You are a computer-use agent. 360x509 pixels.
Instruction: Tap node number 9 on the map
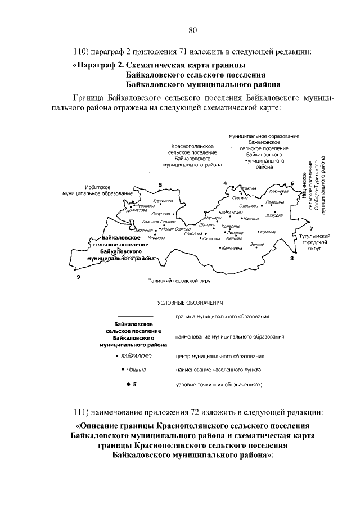point(78,276)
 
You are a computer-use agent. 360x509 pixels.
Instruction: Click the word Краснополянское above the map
point(192,146)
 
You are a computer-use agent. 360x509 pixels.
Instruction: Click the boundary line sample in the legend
point(134,318)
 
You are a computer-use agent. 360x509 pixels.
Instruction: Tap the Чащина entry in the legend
point(137,370)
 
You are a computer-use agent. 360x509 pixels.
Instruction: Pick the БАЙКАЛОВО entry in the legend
point(136,356)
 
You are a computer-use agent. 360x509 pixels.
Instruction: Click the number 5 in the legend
point(135,384)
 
